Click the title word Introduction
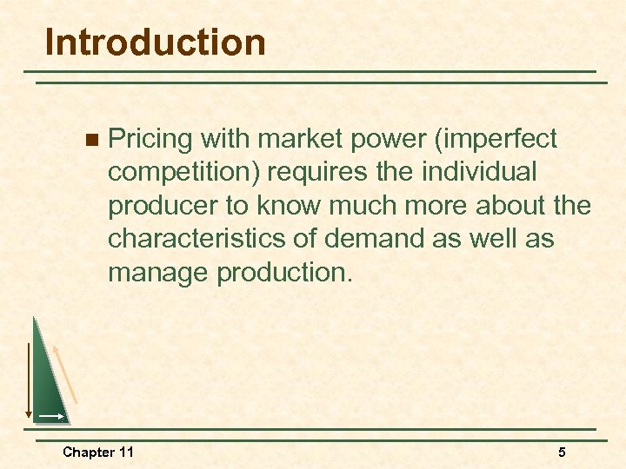[155, 43]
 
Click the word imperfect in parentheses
[505, 139]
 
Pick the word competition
[183, 173]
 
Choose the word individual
[479, 173]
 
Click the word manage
[158, 274]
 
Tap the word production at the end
[284, 274]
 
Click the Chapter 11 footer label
[97, 452]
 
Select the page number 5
[562, 452]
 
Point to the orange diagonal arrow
[65, 373]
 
